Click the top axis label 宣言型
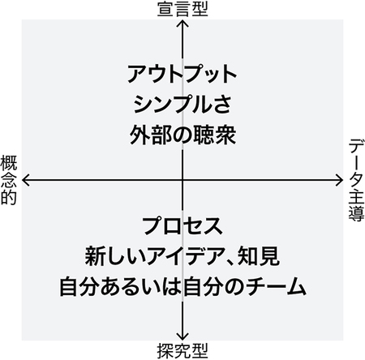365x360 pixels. pyautogui.click(x=182, y=10)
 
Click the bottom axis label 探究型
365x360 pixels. pyautogui.click(x=182, y=351)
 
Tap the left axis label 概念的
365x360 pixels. pyautogui.click(x=9, y=180)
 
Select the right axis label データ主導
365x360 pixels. pyautogui.click(x=356, y=180)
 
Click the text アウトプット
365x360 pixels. pyautogui.click(x=182, y=74)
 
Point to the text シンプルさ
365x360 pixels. pyautogui.click(x=182, y=105)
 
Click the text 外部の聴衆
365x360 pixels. pyautogui.click(x=182, y=135)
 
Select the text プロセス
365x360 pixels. pyautogui.click(x=182, y=225)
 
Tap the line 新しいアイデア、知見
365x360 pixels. pyautogui.click(x=182, y=256)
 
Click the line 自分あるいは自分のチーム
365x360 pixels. pyautogui.click(x=182, y=287)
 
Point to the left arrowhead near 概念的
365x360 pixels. pyautogui.click(x=25, y=180)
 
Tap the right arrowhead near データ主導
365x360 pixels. pyautogui.click(x=340, y=180)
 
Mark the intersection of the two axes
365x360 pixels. pyautogui.click(x=182, y=180)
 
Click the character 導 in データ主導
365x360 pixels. pyautogui.click(x=356, y=214)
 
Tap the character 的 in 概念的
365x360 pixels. pyautogui.click(x=9, y=198)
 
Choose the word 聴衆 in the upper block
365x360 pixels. pyautogui.click(x=215, y=135)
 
